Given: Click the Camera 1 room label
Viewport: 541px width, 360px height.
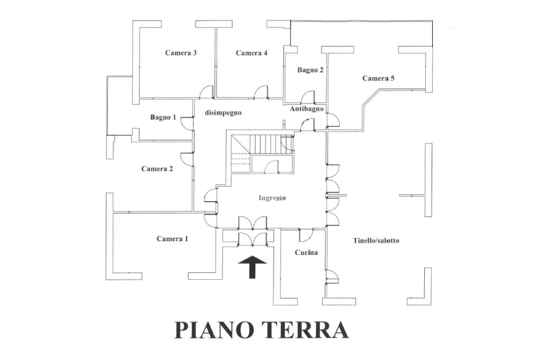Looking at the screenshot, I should point(172,239).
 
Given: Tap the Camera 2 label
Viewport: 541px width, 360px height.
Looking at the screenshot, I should point(157,169).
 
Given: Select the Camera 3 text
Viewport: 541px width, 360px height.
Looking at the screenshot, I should point(181,53).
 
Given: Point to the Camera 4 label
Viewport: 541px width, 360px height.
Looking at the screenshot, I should point(251,53).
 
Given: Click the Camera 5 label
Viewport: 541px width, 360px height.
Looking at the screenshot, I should point(378,78).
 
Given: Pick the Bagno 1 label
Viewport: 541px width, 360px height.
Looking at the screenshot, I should point(163,117).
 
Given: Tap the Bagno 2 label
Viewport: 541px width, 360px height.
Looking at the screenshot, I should point(310,70).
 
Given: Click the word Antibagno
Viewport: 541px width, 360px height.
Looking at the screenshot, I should point(306,109).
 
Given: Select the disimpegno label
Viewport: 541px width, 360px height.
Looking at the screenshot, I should point(223,112).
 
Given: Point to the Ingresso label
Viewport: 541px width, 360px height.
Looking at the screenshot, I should point(273,198).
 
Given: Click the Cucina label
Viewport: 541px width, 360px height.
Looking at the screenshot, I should point(306,252).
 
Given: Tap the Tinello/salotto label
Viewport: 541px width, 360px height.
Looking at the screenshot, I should point(376,241).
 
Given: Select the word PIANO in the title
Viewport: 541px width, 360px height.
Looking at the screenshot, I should point(212,329).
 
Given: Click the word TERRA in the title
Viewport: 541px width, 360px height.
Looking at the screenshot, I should point(303,329).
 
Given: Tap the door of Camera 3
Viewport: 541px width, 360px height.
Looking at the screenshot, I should point(206,92).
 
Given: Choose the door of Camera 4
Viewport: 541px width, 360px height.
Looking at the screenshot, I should point(261,92).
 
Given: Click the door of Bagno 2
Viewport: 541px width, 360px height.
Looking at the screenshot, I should point(307,97).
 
